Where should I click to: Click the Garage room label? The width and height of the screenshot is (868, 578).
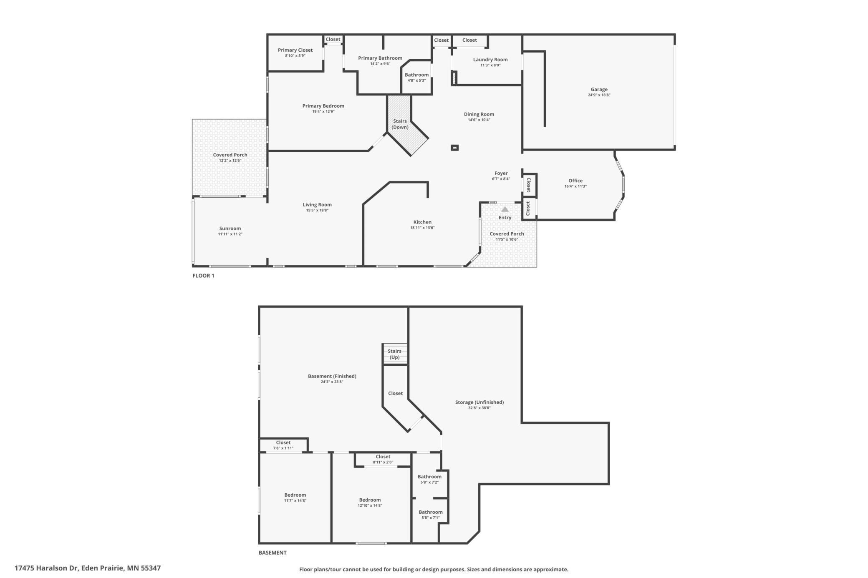tap(599, 89)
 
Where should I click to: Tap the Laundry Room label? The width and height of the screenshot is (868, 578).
tap(490, 60)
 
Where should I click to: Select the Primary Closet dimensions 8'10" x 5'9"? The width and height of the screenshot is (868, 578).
tap(295, 55)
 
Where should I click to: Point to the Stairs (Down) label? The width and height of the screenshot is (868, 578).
tap(400, 124)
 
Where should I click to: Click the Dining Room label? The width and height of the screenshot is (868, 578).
tap(479, 114)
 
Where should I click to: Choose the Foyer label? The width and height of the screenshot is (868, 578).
tap(501, 173)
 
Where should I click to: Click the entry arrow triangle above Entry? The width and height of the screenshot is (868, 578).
tap(505, 209)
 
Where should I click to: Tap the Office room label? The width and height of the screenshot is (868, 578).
tap(575, 181)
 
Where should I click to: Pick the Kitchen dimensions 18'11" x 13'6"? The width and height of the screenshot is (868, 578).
tap(422, 228)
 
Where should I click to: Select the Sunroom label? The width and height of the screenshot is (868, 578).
tap(230, 229)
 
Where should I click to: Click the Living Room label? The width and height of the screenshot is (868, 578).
tap(317, 205)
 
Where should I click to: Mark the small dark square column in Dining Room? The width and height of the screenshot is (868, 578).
tap(455, 147)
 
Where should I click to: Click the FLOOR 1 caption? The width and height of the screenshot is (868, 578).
tap(203, 276)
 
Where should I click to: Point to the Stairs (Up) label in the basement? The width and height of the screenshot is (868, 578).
tap(394, 354)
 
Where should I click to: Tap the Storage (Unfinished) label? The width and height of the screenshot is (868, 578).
tap(479, 402)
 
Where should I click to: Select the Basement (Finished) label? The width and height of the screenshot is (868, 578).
tap(332, 376)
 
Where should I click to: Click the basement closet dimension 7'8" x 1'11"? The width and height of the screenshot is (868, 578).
tap(283, 448)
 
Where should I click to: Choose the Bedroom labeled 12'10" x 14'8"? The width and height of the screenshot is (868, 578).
tap(370, 500)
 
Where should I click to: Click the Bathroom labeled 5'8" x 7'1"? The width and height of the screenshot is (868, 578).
tap(430, 512)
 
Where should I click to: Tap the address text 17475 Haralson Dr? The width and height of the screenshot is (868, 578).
tap(46, 568)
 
